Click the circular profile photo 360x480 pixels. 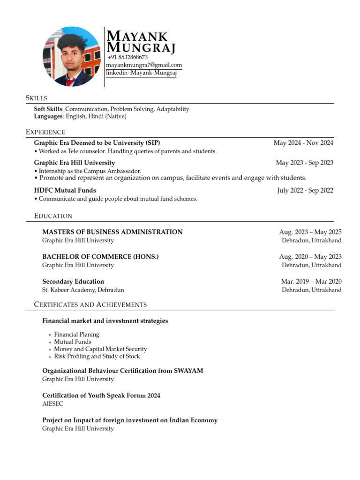(72, 56)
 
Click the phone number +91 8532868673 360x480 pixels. (127, 57)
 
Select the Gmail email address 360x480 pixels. (144, 65)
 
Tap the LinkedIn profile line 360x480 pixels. (141, 73)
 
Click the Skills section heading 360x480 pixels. (36, 98)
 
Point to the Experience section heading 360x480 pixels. (45, 132)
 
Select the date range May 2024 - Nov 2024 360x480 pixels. (303, 143)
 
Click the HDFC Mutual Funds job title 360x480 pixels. (65, 190)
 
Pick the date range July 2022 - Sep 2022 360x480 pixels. (305, 190)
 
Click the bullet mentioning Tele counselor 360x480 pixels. (125, 151)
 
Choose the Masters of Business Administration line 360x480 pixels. (112, 232)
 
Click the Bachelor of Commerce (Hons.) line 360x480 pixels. (100, 257)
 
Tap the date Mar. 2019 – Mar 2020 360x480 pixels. (311, 282)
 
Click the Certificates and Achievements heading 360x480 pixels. (90, 305)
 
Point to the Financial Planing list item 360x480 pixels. (76, 335)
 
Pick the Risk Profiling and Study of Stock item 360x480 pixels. (97, 356)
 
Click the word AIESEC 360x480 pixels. (52, 404)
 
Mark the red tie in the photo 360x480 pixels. (70, 82)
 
